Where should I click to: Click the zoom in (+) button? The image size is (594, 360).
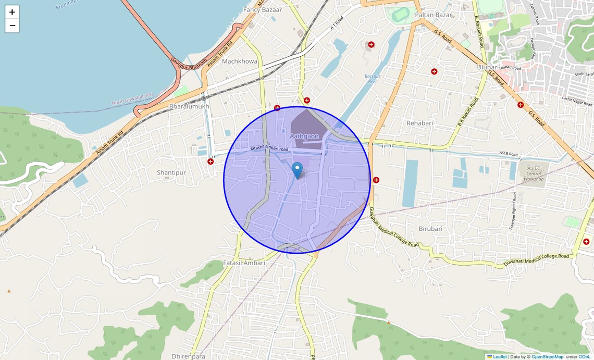click(x=12, y=12)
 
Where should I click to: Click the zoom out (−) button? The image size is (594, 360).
click(x=12, y=26)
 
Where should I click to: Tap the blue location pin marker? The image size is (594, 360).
click(x=297, y=170)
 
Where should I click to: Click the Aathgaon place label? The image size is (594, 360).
click(x=304, y=136)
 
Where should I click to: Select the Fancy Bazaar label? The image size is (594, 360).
click(x=263, y=10)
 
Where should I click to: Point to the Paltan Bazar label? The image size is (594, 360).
click(x=434, y=15)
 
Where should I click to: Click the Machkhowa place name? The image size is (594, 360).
click(x=240, y=61)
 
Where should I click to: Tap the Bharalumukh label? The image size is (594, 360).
click(x=189, y=106)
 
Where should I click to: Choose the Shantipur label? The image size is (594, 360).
click(x=171, y=172)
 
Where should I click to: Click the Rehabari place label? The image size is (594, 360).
click(x=420, y=123)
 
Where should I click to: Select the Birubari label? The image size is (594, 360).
click(x=430, y=229)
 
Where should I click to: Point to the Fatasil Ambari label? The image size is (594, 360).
click(x=244, y=263)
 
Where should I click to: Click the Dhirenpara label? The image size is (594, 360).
click(x=188, y=356)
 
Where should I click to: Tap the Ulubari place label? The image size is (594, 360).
click(x=488, y=67)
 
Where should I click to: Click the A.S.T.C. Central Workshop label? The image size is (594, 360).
click(x=534, y=173)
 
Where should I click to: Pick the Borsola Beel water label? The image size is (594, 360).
click(x=373, y=79)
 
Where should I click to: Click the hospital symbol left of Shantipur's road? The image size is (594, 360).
click(x=211, y=162)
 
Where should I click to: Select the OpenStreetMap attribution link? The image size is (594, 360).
click(x=547, y=357)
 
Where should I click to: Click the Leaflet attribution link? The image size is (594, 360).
click(x=500, y=357)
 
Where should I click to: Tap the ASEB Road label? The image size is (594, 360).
click(x=509, y=154)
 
